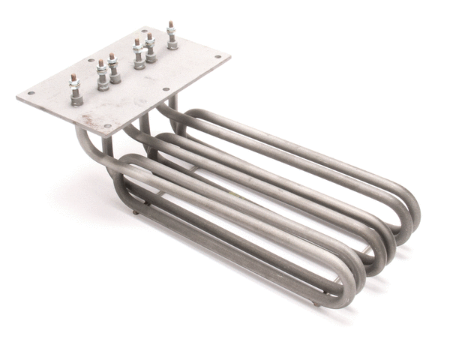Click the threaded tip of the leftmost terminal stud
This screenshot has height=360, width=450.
point(74,77)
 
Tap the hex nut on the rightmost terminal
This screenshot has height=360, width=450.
point(172,37)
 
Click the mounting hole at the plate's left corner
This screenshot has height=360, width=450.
point(31,94)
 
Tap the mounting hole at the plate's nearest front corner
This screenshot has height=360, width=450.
point(107,126)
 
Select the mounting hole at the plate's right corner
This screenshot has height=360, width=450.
point(218,57)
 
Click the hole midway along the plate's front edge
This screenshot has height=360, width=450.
point(166,90)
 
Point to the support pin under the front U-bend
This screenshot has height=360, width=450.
point(315,303)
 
